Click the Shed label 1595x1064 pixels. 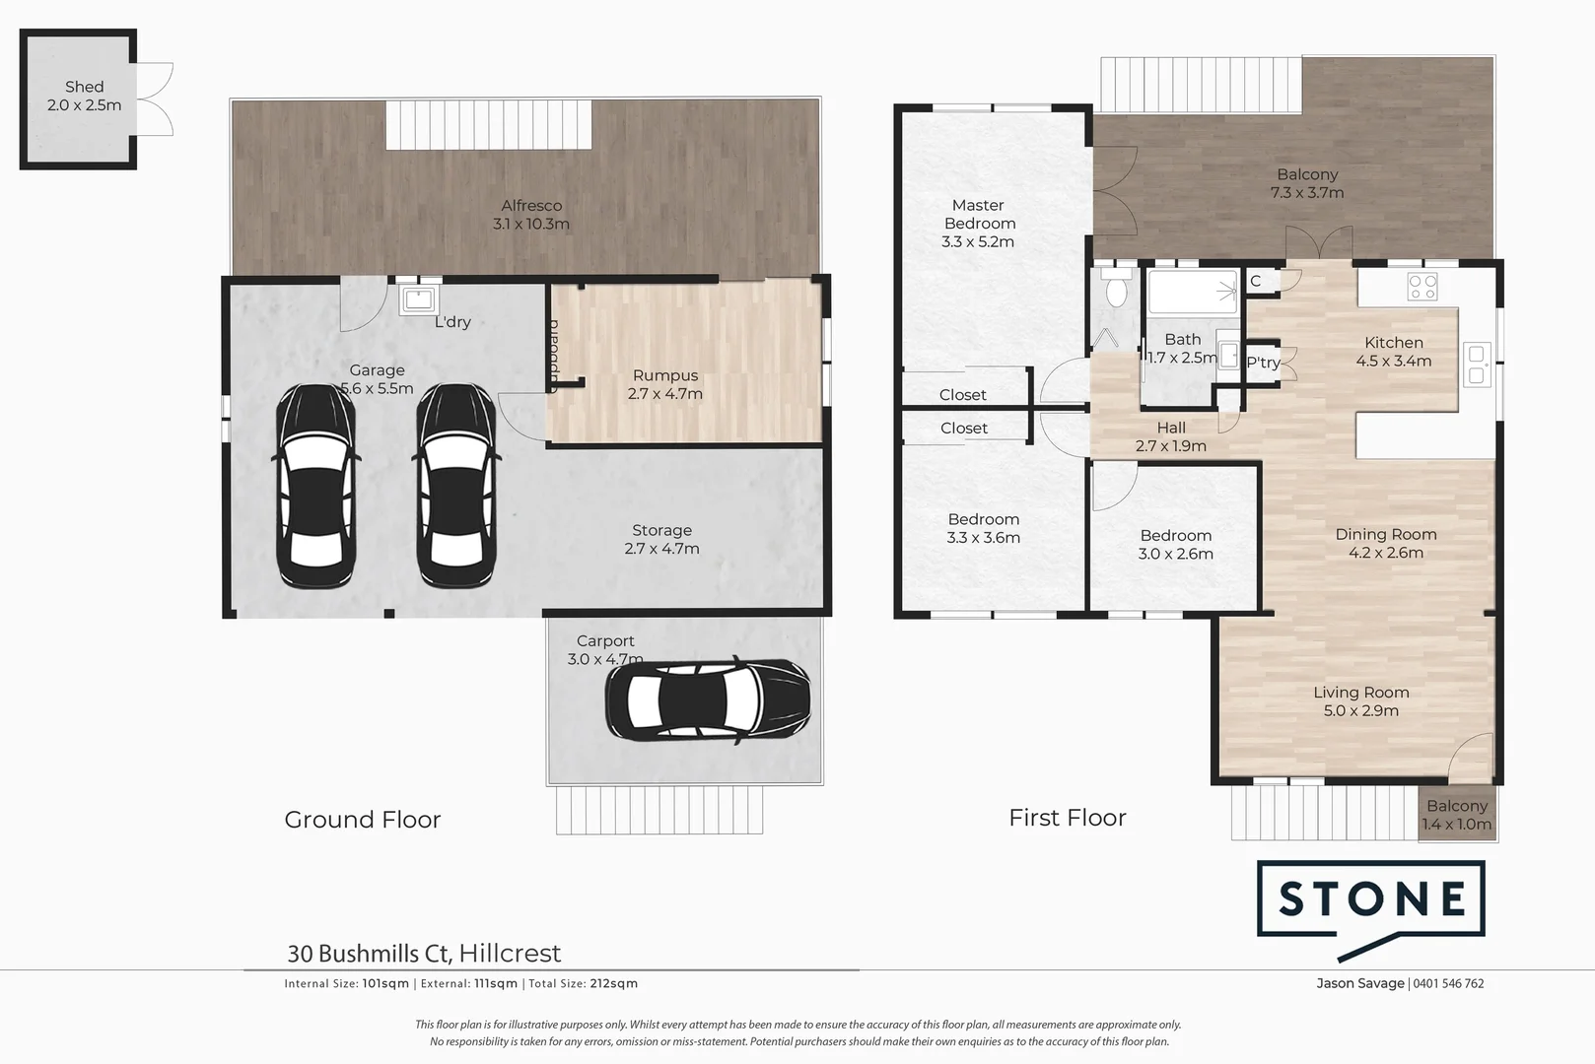[x=84, y=87]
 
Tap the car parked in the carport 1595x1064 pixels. [x=708, y=699]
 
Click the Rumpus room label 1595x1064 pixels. [x=665, y=375]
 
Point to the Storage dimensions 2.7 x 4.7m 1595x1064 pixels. [x=661, y=549]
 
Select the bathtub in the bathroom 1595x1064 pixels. [x=1191, y=291]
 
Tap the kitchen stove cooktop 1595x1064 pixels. [x=1422, y=287]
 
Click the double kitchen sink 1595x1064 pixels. [x=1476, y=365]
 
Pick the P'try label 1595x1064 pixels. [x=1263, y=363]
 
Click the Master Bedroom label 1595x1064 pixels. [x=978, y=214]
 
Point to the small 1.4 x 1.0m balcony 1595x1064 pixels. [x=1457, y=815]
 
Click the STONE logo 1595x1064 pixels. [x=1371, y=898]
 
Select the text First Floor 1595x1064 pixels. [x=1067, y=818]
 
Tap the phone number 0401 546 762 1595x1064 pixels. [x=1448, y=983]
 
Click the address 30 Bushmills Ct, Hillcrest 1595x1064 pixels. [x=424, y=953]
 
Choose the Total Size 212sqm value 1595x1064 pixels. [x=613, y=983]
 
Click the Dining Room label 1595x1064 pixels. [x=1385, y=534]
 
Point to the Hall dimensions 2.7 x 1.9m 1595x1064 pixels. [x=1170, y=446]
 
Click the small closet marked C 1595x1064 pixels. [x=1255, y=281]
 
